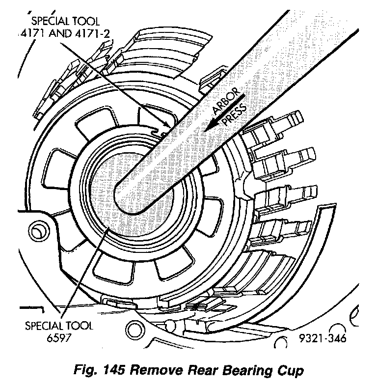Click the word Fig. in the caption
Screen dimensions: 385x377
click(x=87, y=370)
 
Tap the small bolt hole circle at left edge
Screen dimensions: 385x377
click(x=37, y=229)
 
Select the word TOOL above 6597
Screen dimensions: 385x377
click(x=78, y=325)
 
